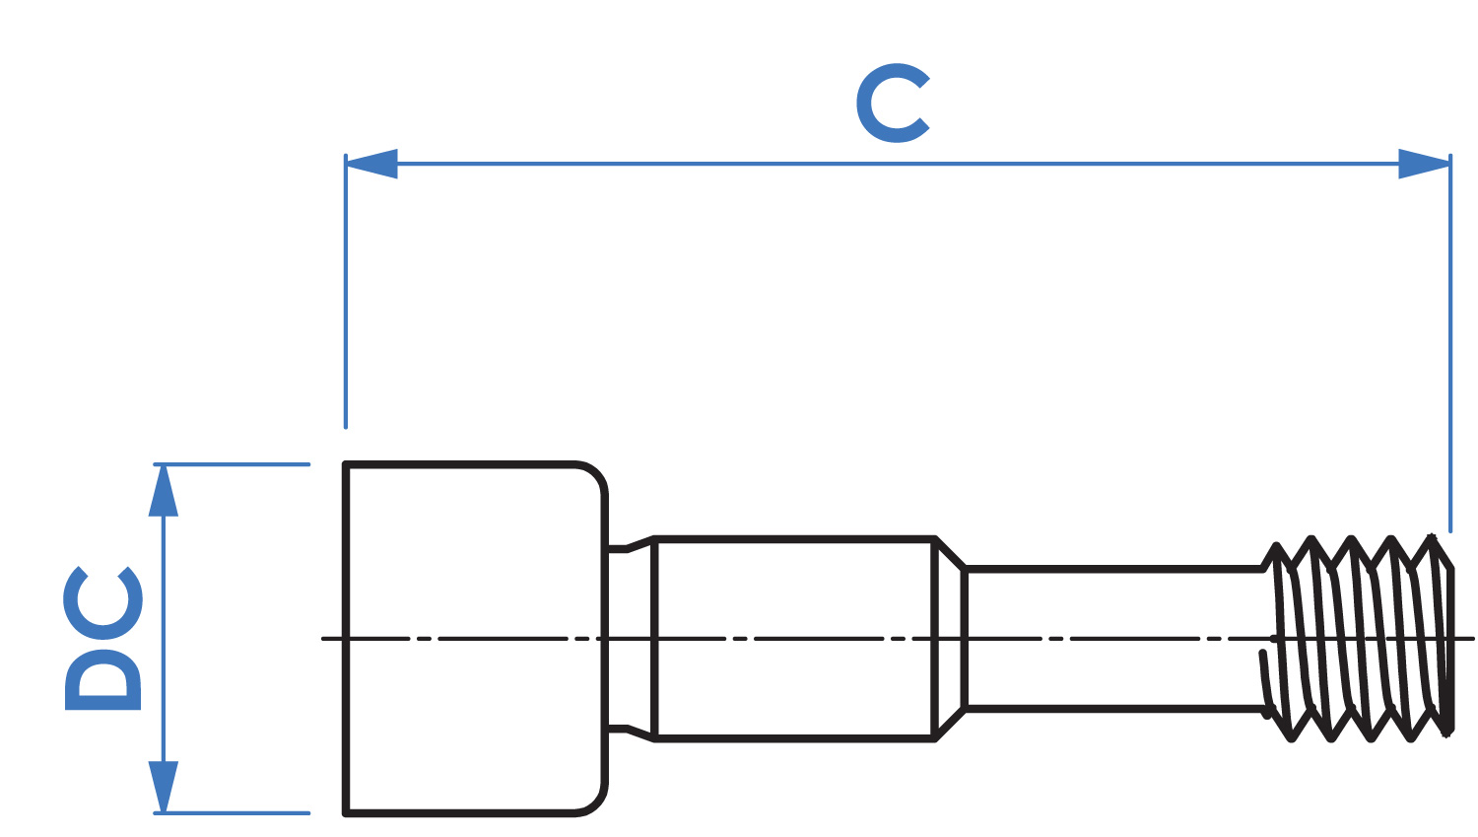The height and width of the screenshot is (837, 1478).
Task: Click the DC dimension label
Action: tap(102, 638)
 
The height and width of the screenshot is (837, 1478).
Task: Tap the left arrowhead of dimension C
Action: tap(370, 164)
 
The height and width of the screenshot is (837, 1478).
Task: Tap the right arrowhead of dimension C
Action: tap(1425, 164)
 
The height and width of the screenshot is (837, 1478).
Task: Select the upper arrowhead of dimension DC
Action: tap(163, 490)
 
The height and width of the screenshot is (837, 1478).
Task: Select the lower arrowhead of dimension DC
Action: tap(163, 787)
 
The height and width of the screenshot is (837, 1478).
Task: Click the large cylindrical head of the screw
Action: tap(474, 639)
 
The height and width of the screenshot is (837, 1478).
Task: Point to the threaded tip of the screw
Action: tap(1359, 638)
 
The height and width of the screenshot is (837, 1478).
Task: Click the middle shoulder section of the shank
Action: tap(794, 639)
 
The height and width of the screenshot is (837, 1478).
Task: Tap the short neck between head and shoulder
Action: tap(630, 639)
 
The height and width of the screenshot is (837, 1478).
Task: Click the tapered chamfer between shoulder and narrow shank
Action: tap(950, 639)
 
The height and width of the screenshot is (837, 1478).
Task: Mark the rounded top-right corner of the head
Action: tap(596, 474)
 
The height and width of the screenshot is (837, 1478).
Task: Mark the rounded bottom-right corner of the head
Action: tap(596, 803)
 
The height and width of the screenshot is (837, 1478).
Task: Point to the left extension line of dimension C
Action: tap(346, 291)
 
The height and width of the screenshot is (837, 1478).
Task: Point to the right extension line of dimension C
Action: tap(1450, 343)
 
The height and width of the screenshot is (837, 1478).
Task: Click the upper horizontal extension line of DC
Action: tap(232, 464)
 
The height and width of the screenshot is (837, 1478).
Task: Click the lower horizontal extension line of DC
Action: tap(232, 813)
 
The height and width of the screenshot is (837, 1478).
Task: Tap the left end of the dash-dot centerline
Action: tap(322, 639)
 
